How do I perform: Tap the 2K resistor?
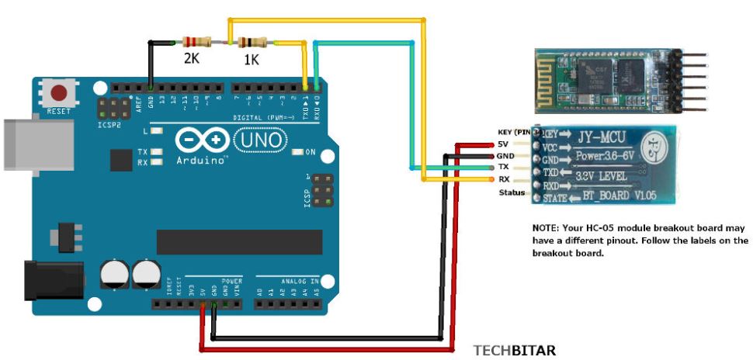(195, 42)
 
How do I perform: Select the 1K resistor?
(253, 43)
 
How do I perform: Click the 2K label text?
(193, 58)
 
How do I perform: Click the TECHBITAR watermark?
(515, 351)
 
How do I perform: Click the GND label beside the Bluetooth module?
(507, 156)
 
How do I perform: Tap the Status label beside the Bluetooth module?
(512, 192)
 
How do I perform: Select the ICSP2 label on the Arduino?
(107, 123)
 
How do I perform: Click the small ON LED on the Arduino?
(299, 151)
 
